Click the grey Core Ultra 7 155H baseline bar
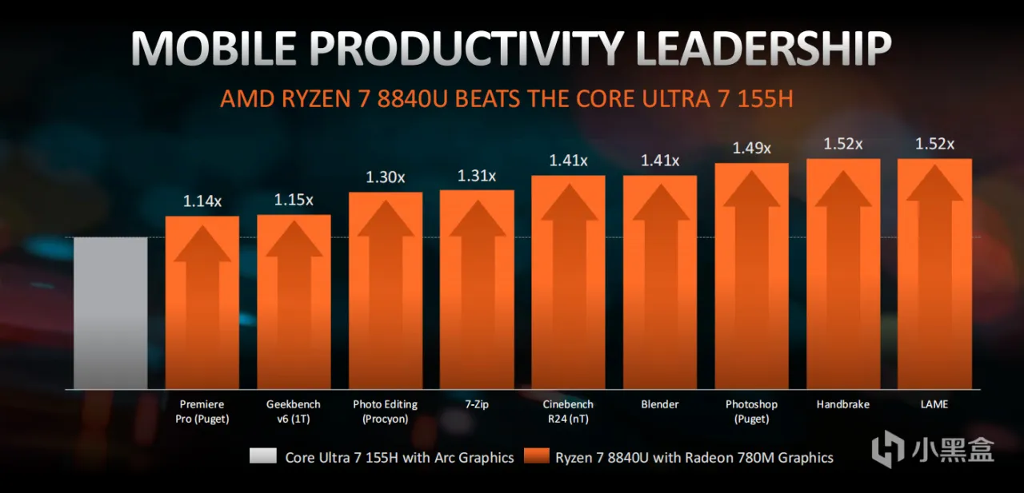[x=110, y=313]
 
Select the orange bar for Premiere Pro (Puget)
[x=202, y=303]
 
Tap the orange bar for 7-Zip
[x=477, y=289]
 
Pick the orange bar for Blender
[x=660, y=282]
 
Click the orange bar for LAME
[x=934, y=274]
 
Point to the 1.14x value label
[x=202, y=201]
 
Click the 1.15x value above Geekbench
[x=294, y=200]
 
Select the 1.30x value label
[x=386, y=177]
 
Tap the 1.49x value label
[x=751, y=148]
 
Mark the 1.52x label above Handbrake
[x=843, y=144]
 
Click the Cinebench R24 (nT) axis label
[x=568, y=411]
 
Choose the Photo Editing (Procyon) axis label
[x=386, y=411]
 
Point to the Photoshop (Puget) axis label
[x=751, y=411]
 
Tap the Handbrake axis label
[x=843, y=404]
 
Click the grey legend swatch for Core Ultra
[x=263, y=455]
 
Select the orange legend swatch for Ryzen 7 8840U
[x=536, y=455]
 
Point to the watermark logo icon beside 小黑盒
[x=887, y=449]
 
